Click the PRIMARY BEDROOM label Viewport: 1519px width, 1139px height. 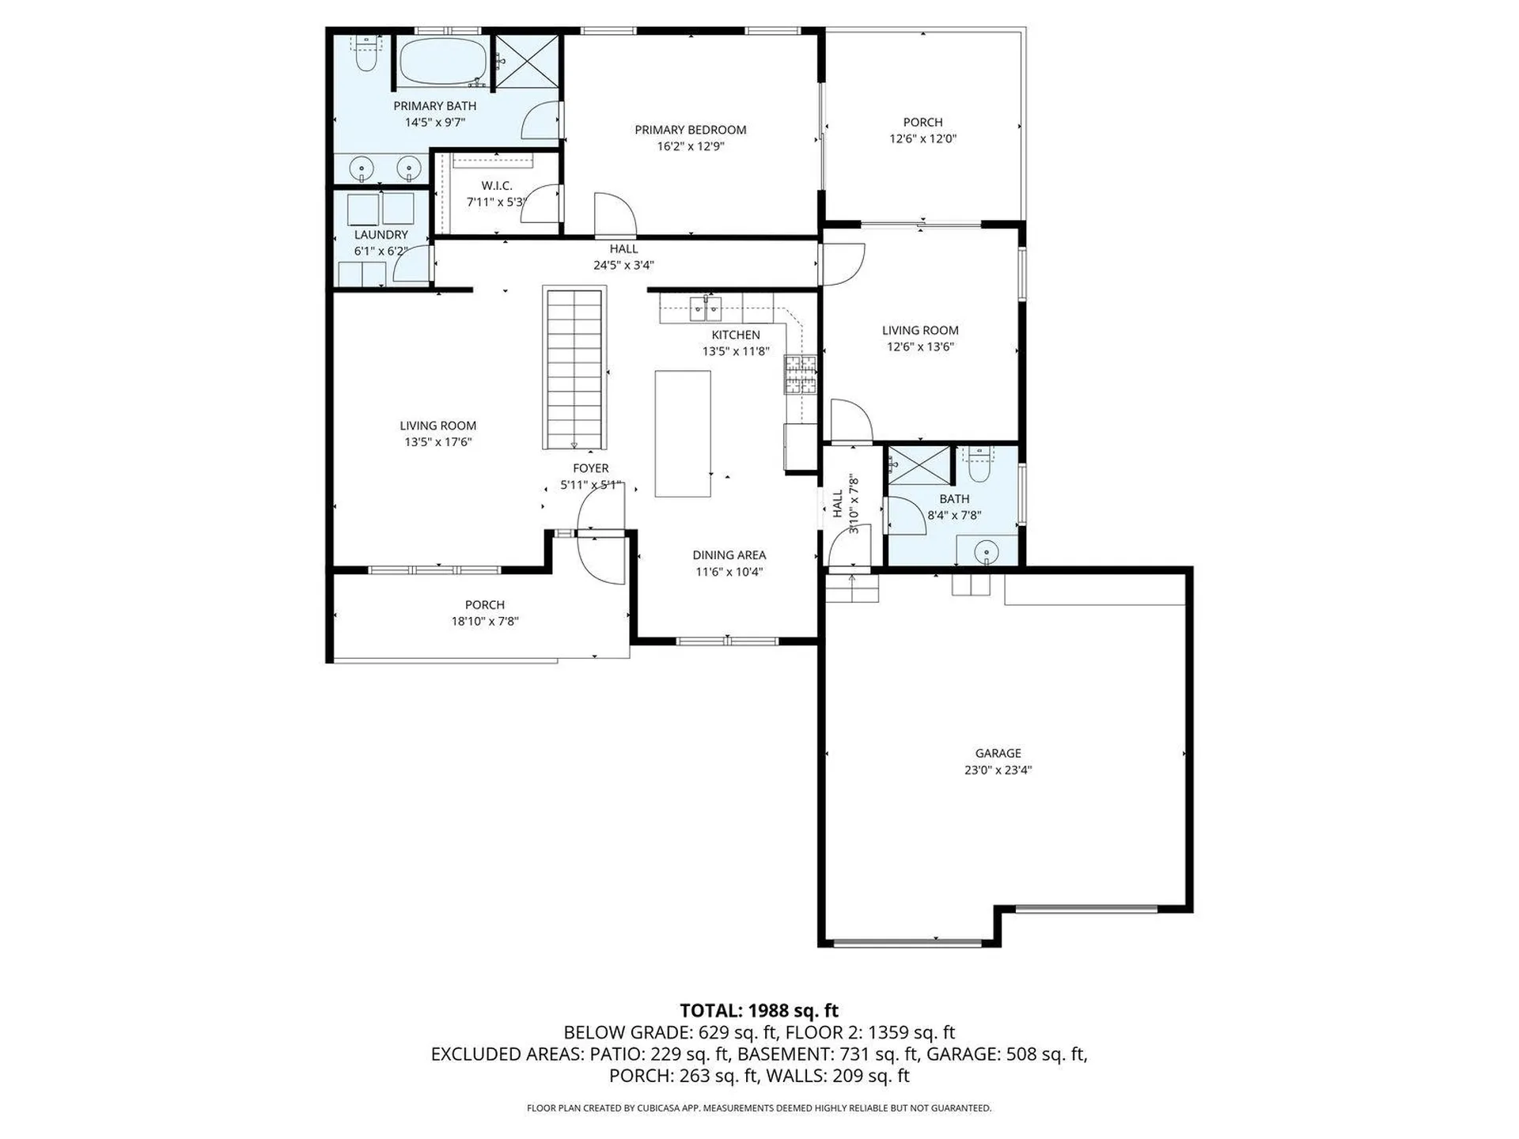pyautogui.click(x=690, y=130)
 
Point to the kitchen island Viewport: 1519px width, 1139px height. pyautogui.click(x=682, y=433)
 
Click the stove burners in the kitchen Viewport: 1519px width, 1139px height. pyautogui.click(x=800, y=375)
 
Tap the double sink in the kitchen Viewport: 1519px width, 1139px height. pyautogui.click(x=706, y=308)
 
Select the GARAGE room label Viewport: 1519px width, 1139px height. pyautogui.click(x=998, y=753)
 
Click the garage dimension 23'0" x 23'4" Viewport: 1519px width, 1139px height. pyautogui.click(x=998, y=770)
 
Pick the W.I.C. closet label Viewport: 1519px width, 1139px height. pyautogui.click(x=496, y=186)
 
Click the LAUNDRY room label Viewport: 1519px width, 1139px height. pyautogui.click(x=381, y=235)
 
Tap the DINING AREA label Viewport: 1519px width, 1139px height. pyautogui.click(x=729, y=555)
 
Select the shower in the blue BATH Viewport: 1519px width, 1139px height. pyautogui.click(x=919, y=466)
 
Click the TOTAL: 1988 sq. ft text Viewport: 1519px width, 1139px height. pyautogui.click(x=759, y=1010)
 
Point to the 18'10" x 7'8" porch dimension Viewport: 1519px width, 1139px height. pyautogui.click(x=484, y=622)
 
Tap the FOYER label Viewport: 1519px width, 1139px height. pyautogui.click(x=591, y=468)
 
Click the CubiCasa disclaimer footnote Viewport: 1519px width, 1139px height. pyautogui.click(x=759, y=1108)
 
